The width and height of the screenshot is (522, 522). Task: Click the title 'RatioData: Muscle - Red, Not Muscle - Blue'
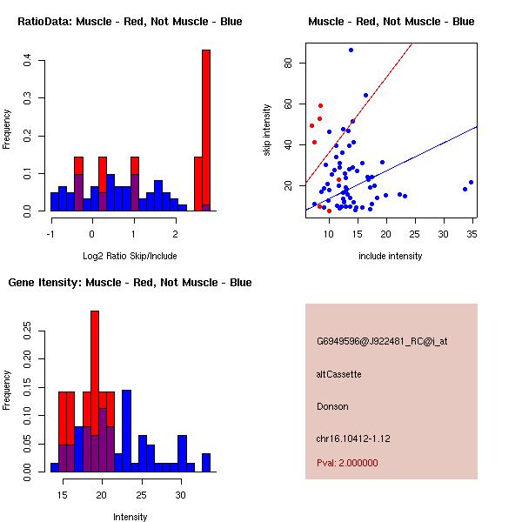[x=130, y=21]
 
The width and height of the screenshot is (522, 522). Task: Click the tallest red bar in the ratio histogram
[x=206, y=130]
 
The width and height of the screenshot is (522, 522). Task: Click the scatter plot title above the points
[x=391, y=21]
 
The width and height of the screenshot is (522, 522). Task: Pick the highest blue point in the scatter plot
[x=351, y=50]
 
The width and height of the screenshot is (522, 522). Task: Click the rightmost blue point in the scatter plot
[x=471, y=183]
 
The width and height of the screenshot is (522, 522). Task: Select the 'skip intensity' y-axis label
[x=267, y=130]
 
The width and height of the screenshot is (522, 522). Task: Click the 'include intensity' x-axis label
[x=391, y=256]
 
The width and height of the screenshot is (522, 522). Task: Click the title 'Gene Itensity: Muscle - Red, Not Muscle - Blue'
[x=130, y=283]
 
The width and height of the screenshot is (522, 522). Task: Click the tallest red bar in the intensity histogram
[x=95, y=383]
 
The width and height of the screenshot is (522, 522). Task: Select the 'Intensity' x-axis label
[x=130, y=517]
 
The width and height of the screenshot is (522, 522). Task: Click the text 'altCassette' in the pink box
[x=338, y=374]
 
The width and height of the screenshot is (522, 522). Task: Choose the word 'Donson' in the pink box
[x=332, y=406]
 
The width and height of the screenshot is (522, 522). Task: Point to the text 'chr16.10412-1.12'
[x=353, y=438]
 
